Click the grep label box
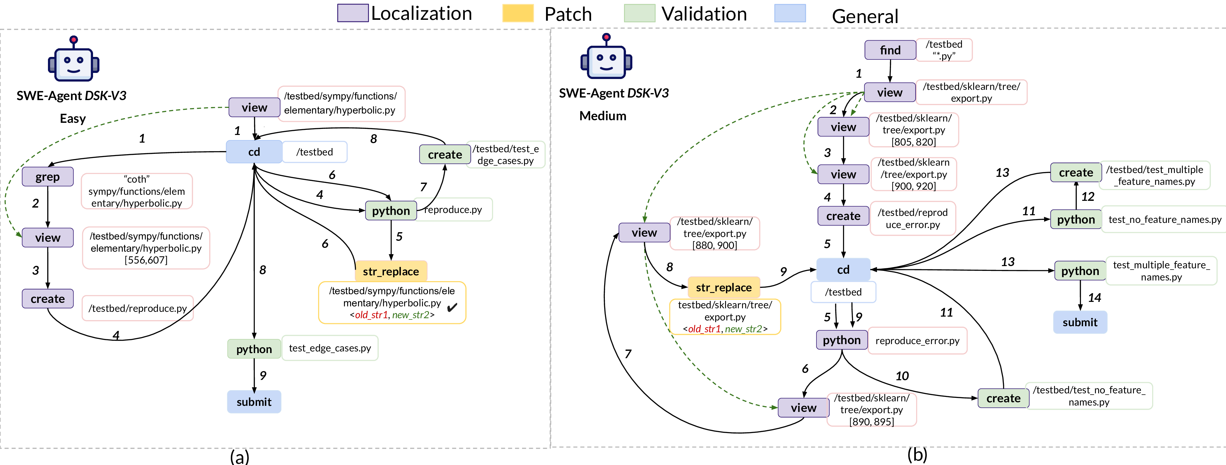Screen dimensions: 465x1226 48,177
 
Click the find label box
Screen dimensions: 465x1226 890,50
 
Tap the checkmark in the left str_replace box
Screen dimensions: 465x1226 450,307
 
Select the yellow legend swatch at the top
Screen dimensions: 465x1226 518,13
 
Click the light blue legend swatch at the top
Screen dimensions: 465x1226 790,13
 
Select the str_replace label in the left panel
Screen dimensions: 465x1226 391,271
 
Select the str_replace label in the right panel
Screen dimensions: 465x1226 723,288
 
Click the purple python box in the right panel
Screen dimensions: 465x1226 841,340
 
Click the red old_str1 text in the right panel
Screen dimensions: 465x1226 704,329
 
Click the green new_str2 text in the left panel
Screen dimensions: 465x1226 410,315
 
